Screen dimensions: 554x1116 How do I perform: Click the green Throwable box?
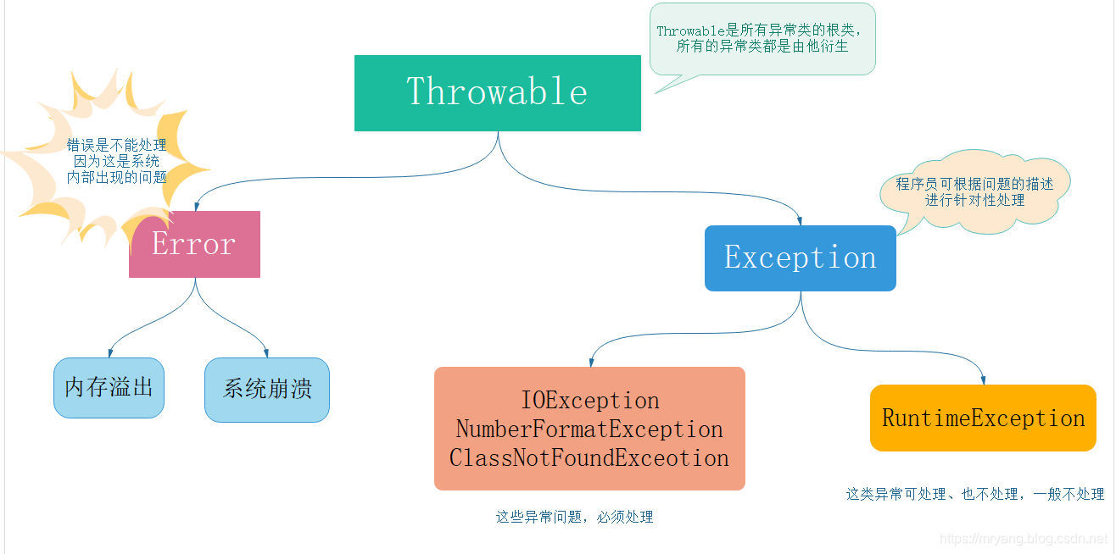[497, 92]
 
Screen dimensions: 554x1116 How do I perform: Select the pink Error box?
[194, 244]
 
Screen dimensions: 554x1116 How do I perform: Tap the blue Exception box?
[801, 258]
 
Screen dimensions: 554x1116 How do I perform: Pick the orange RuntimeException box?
[983, 418]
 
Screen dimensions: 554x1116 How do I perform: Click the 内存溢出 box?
[109, 387]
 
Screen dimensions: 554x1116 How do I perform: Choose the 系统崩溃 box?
[267, 390]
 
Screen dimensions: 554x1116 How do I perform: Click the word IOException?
[589, 400]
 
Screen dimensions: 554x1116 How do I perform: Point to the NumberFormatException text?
[589, 429]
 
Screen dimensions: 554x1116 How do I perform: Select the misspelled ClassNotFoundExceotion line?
[589, 458]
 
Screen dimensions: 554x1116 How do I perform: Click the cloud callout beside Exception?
[974, 191]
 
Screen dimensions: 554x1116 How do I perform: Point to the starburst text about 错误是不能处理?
[117, 161]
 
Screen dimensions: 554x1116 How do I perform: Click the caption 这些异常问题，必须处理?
[574, 517]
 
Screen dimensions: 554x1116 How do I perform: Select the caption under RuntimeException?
[975, 494]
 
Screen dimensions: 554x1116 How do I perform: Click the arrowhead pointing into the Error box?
[196, 206]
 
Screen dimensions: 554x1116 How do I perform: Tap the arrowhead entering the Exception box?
[800, 221]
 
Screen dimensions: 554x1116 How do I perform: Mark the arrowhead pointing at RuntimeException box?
[984, 380]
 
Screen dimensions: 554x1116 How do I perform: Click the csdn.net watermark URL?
[1024, 539]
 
